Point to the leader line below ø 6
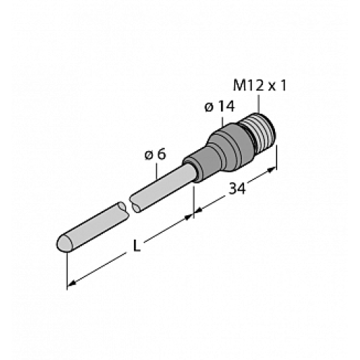[x=158, y=168]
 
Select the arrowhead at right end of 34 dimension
[x=272, y=171]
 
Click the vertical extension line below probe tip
[x=67, y=270]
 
